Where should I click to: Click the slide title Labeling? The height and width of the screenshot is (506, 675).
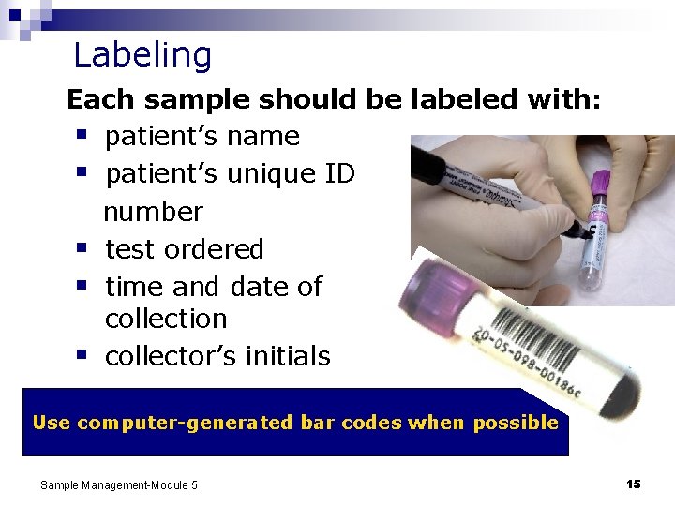point(142,55)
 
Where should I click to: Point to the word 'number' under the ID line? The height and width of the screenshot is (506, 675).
point(153,212)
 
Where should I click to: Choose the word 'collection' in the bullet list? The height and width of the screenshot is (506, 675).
point(166,319)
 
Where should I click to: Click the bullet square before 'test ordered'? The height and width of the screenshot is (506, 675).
point(82,249)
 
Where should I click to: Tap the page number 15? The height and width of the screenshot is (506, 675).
point(633,484)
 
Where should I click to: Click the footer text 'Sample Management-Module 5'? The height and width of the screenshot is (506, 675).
point(119,484)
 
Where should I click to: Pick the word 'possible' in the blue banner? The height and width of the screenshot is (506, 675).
point(516,423)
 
